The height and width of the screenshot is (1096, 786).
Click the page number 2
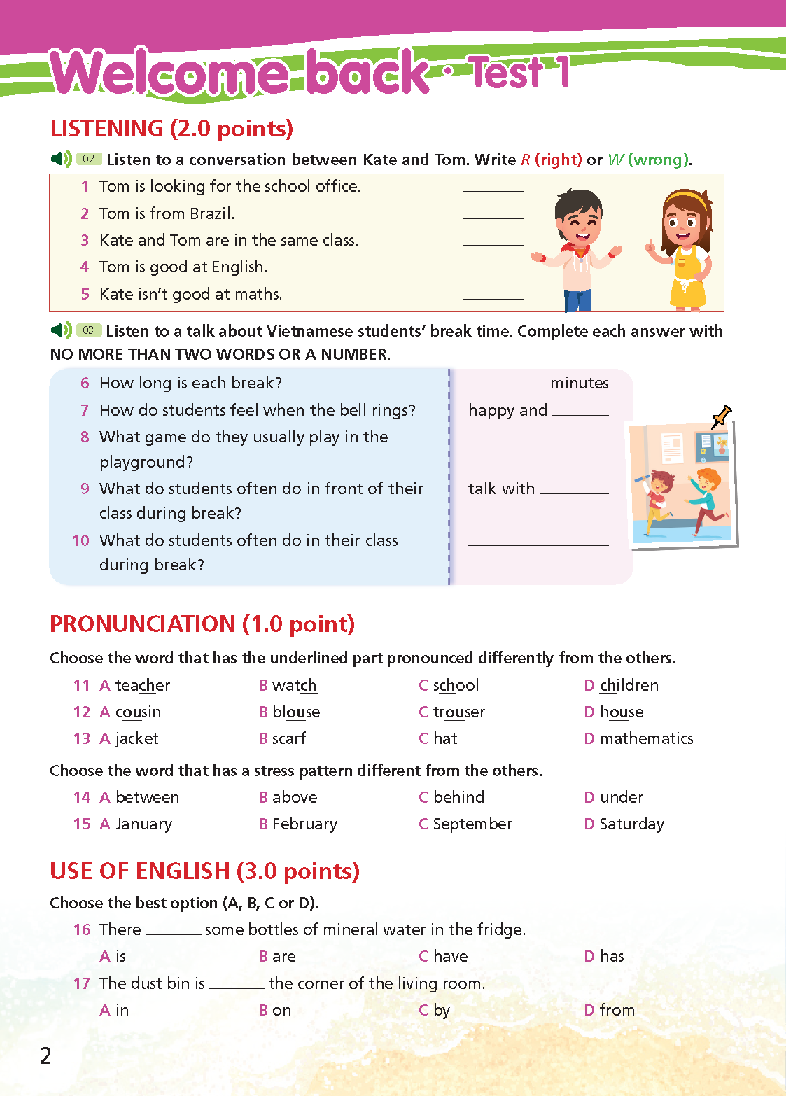coord(45,1055)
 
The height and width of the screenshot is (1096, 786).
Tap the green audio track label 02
coord(89,159)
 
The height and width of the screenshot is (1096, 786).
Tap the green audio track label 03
coord(88,330)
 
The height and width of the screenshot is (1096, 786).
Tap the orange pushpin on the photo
coord(721,416)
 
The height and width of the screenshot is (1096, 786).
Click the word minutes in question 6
coord(579,383)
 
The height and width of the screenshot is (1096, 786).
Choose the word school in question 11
coord(456,685)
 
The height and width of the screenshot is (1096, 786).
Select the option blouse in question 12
coord(296,712)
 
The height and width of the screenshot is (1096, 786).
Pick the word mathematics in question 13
coord(646,738)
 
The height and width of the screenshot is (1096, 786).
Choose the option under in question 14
coord(621,797)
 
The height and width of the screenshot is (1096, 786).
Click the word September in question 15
coord(472,824)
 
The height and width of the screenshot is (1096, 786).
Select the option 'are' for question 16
coord(283,956)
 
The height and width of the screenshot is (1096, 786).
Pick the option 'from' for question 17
coord(617,1010)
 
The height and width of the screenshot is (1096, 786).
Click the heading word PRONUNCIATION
coord(143,624)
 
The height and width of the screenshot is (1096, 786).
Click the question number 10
coord(80,540)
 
